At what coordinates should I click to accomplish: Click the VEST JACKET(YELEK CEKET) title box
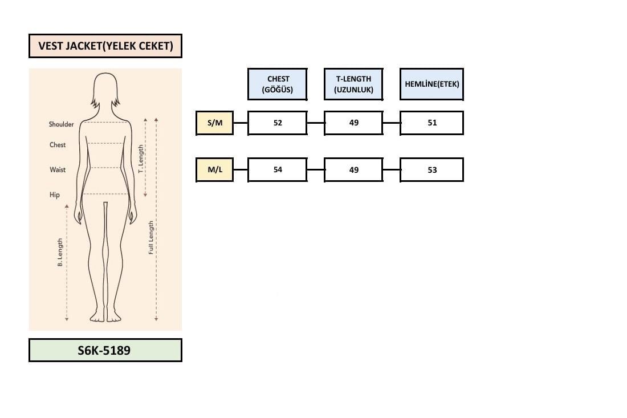click(x=105, y=46)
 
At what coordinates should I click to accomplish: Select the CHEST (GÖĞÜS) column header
click(x=278, y=84)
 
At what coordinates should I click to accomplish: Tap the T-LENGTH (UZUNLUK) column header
click(x=353, y=84)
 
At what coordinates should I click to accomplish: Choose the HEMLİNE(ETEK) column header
click(x=432, y=84)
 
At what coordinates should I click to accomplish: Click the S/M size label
click(x=215, y=123)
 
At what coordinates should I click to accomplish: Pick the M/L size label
click(x=215, y=169)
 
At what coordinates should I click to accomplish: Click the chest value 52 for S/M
click(x=278, y=123)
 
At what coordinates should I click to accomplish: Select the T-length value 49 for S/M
click(x=353, y=123)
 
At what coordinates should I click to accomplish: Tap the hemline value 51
click(x=432, y=123)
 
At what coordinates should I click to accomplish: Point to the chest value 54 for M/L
click(x=278, y=169)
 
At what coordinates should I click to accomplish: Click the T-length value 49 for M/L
click(x=353, y=169)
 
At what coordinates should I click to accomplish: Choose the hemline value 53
click(x=432, y=169)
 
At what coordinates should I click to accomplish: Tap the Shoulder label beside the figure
click(x=61, y=124)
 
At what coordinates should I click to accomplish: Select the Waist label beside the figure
click(x=58, y=169)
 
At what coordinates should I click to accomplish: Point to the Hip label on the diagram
click(x=54, y=195)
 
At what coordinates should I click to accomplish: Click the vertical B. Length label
click(x=60, y=253)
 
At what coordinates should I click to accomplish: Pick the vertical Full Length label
click(x=150, y=238)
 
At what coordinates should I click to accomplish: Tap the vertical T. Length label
click(x=141, y=159)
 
